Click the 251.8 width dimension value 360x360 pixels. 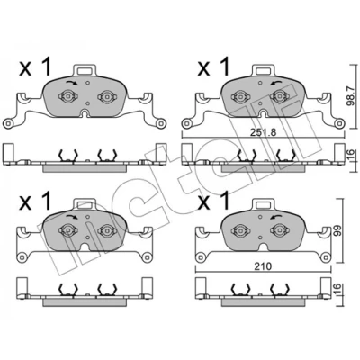pyautogui.click(x=263, y=132)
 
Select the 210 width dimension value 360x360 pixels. pyautogui.click(x=264, y=265)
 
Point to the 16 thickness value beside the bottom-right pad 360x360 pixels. pyautogui.click(x=337, y=290)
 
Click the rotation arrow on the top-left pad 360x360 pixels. pyautogui.click(x=72, y=83)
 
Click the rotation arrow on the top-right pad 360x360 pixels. pyautogui.click(x=276, y=83)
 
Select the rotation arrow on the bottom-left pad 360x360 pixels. pyautogui.click(x=72, y=217)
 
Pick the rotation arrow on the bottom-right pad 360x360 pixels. pyautogui.click(x=276, y=217)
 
